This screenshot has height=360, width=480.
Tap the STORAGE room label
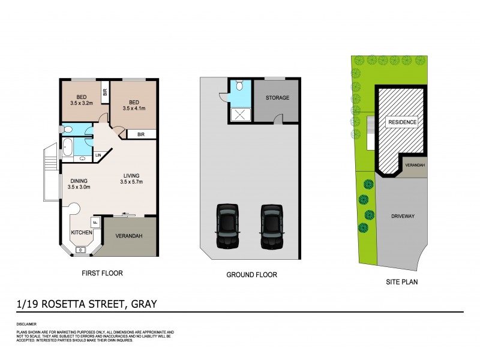click(277, 98)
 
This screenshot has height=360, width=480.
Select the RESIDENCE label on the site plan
click(402, 122)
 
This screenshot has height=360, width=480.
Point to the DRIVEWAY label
click(402, 215)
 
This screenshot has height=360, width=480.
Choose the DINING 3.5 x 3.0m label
click(79, 184)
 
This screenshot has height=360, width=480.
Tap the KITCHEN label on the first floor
click(82, 232)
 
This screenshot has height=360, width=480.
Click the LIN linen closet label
click(98, 156)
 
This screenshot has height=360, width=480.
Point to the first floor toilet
click(67, 130)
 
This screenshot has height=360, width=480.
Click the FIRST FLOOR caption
click(102, 273)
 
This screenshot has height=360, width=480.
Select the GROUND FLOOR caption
click(251, 275)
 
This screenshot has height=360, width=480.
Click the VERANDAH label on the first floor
click(129, 236)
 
